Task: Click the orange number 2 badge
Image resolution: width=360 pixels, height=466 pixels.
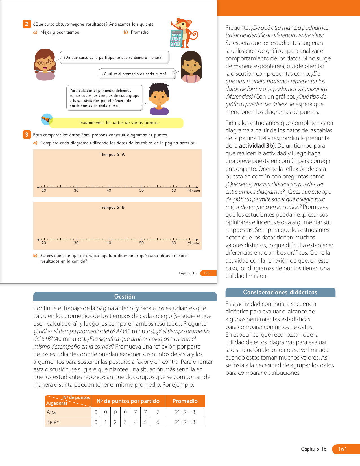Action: point(27,24)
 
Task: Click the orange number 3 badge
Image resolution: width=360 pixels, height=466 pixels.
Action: point(27,135)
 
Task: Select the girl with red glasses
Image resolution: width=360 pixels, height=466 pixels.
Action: point(45,65)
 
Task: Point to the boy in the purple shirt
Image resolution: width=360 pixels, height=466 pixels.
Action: point(159,99)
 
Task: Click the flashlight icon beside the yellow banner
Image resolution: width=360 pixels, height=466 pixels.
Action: point(47,119)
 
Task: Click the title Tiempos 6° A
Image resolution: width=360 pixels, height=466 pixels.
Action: point(112,154)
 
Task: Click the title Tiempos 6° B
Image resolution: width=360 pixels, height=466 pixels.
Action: point(112,207)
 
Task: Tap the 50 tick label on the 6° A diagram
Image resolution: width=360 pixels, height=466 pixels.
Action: point(141,191)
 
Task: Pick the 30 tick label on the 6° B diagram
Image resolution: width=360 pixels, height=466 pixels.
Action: point(76,243)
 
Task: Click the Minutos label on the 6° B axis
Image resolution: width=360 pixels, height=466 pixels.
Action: point(194,243)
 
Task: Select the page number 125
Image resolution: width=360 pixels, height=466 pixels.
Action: point(207,273)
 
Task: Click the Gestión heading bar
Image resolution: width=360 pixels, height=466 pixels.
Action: point(125,297)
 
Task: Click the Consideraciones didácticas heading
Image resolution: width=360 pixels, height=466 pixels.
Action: point(280,292)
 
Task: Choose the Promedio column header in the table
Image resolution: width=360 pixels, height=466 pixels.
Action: point(185,401)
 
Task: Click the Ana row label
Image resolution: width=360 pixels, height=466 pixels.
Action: point(51,412)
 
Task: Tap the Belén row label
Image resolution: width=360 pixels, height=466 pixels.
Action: point(53,422)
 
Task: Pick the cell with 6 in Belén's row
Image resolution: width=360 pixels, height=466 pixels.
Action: point(158,422)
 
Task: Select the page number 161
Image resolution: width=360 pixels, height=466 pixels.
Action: point(342,449)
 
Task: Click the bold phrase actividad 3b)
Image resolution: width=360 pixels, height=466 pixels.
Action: point(257,146)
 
